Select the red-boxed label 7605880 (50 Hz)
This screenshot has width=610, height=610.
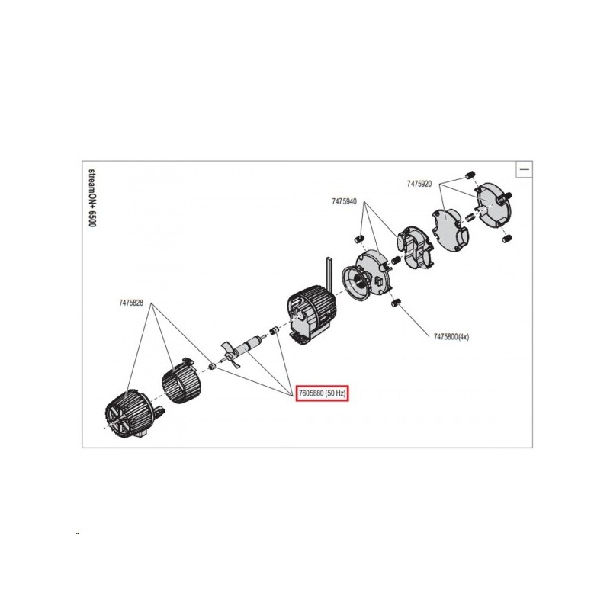(321, 393)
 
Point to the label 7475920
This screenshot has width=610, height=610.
(419, 185)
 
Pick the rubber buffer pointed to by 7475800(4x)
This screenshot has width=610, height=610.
(394, 304)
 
